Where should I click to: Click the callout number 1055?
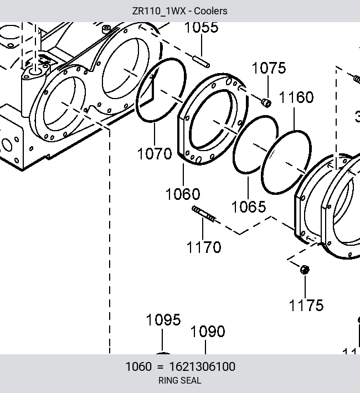point(202,27)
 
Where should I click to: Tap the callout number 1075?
point(269,68)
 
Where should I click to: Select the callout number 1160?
point(296,97)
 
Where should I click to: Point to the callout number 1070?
point(155,153)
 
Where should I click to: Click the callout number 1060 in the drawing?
point(183,194)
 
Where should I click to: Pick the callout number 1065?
point(248,207)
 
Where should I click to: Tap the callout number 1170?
point(204,247)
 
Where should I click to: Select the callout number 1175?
point(306,306)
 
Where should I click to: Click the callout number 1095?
point(163,320)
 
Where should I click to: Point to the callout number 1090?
point(208,332)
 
